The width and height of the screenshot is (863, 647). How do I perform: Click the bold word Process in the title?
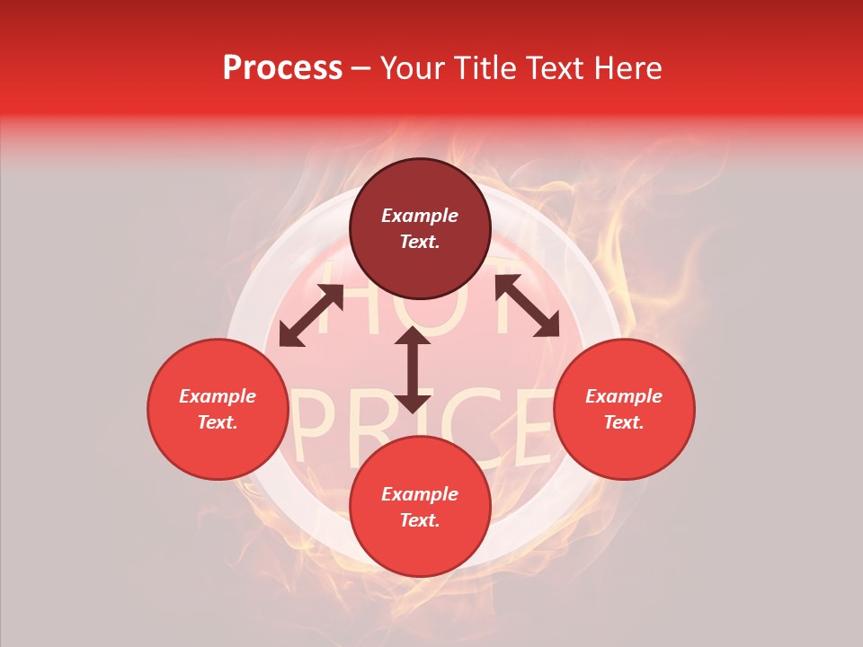click(282, 68)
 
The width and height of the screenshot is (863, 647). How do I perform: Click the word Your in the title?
click(413, 68)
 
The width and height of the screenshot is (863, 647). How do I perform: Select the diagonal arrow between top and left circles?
click(311, 315)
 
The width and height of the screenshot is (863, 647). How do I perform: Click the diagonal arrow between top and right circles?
click(527, 306)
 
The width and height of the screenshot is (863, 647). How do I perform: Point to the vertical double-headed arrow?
click(413, 369)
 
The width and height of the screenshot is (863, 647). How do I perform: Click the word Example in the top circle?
click(420, 216)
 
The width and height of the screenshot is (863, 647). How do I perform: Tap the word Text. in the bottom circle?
click(420, 520)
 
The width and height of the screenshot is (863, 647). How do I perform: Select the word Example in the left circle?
click(218, 396)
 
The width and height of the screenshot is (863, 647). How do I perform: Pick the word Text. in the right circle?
click(624, 422)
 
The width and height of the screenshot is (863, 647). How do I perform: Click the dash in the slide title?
click(361, 68)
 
